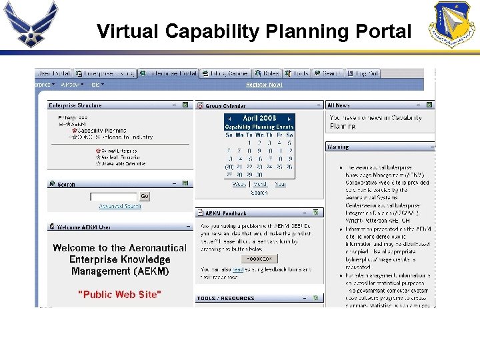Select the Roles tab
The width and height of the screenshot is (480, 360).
pyautogui.click(x=270, y=73)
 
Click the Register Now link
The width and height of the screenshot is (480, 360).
pyautogui.click(x=264, y=85)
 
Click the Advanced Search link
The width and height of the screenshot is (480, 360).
pyautogui.click(x=120, y=207)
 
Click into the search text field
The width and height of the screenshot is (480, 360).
pyautogui.click(x=113, y=197)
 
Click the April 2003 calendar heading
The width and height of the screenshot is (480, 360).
pyautogui.click(x=259, y=118)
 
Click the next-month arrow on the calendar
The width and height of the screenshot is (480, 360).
pyautogui.click(x=290, y=118)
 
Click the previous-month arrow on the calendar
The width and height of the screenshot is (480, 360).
pyautogui.click(x=229, y=118)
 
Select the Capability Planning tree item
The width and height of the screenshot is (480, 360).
pyautogui.click(x=101, y=131)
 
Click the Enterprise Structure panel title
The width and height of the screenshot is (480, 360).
pyautogui.click(x=75, y=105)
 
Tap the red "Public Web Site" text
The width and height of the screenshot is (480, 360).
pyautogui.click(x=119, y=294)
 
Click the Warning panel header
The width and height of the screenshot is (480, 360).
pyautogui.click(x=338, y=147)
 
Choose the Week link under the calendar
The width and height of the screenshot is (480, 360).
pyautogui.click(x=239, y=184)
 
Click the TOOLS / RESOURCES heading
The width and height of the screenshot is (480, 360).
pyautogui.click(x=225, y=299)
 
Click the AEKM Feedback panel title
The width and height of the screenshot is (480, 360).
pyautogui.click(x=226, y=213)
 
